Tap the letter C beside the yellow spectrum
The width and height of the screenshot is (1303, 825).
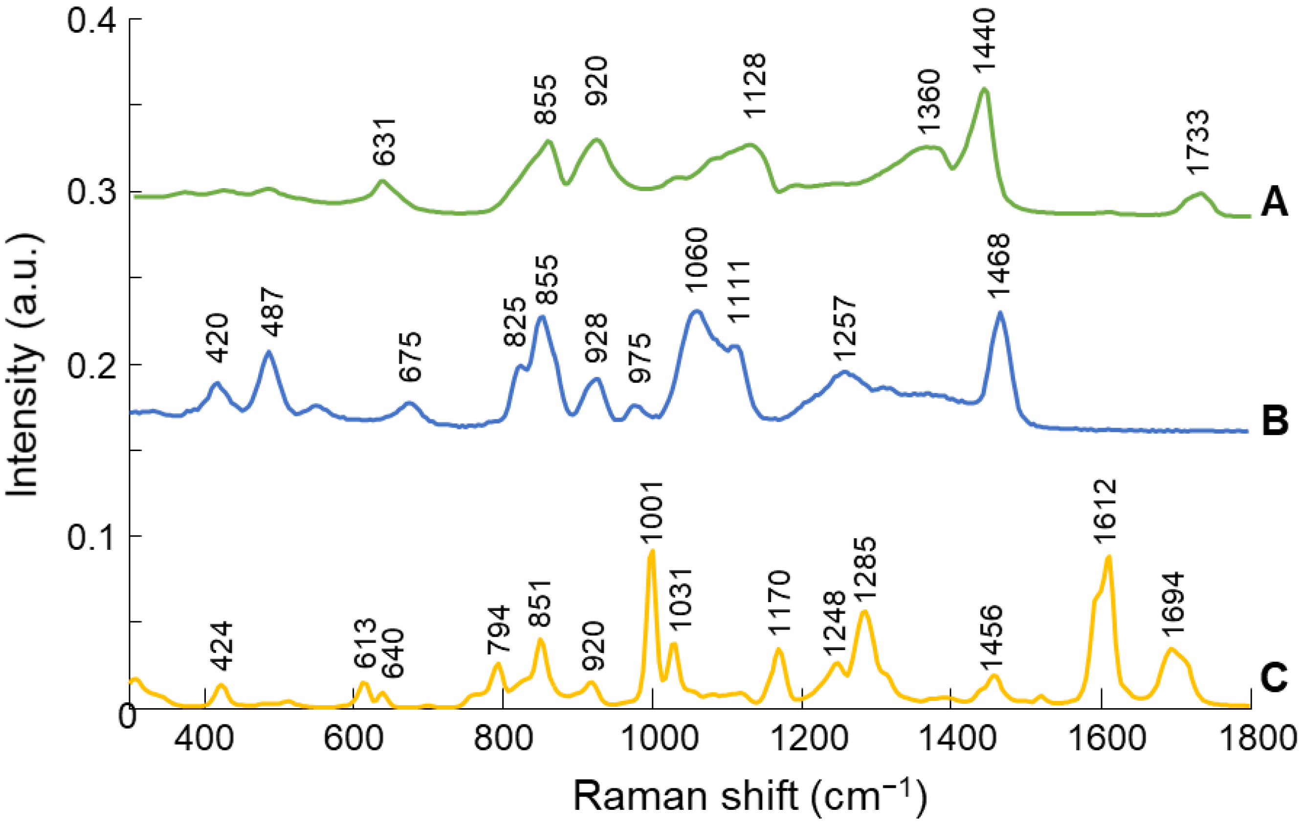coord(1274,678)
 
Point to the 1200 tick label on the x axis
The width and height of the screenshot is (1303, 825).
coord(801,738)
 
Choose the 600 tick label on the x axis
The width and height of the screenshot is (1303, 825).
coord(353,738)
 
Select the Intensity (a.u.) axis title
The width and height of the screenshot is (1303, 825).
coord(22,365)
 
